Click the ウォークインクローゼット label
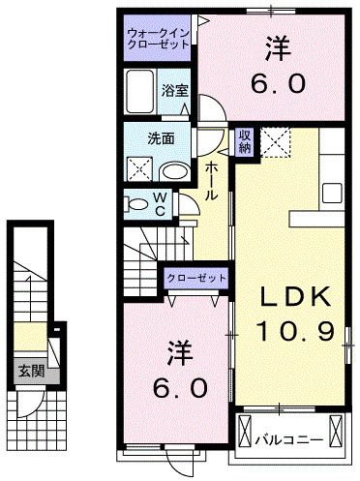coord(158,41)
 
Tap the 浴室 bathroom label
coord(174,89)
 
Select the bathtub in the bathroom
coord(140,91)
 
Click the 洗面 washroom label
coord(162,137)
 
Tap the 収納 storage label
coord(246,142)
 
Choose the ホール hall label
coord(210,181)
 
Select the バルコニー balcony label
coord(290,438)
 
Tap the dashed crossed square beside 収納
coord(275,141)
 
